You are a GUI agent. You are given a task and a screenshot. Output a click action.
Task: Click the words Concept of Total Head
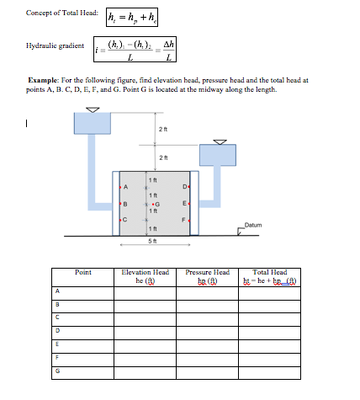(61, 14)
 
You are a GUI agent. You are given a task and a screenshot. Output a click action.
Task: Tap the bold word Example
(44, 80)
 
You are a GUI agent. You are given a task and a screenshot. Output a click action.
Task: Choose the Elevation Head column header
(146, 276)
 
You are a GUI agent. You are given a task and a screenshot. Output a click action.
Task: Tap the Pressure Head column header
(207, 276)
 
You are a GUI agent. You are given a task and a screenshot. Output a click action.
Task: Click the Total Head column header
(269, 276)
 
